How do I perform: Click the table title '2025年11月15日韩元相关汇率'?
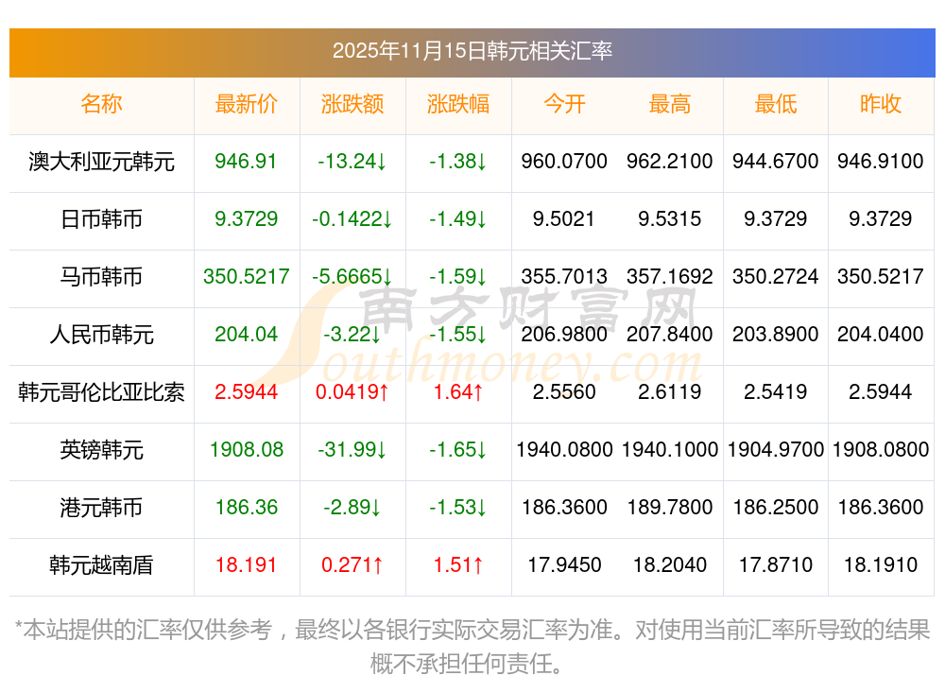[472, 50]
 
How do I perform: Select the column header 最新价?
[247, 104]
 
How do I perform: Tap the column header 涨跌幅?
[458, 104]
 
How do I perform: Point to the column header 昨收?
[881, 104]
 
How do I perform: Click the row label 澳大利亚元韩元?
[102, 162]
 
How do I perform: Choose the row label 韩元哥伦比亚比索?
[102, 391]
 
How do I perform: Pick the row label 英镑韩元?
[102, 450]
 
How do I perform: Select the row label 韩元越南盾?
[102, 565]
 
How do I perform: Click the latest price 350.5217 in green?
[247, 277]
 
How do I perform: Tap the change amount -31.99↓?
[352, 450]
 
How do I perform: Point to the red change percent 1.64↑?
[458, 391]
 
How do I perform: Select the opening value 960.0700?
[564, 162]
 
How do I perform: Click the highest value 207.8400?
[670, 335]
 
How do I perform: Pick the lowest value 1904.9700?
[776, 450]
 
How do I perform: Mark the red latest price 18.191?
[247, 565]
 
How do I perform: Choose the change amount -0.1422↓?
[352, 219]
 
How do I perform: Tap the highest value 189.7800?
[670, 508]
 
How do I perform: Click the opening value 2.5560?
[564, 391]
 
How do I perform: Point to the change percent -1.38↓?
[458, 162]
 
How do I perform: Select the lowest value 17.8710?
[776, 565]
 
